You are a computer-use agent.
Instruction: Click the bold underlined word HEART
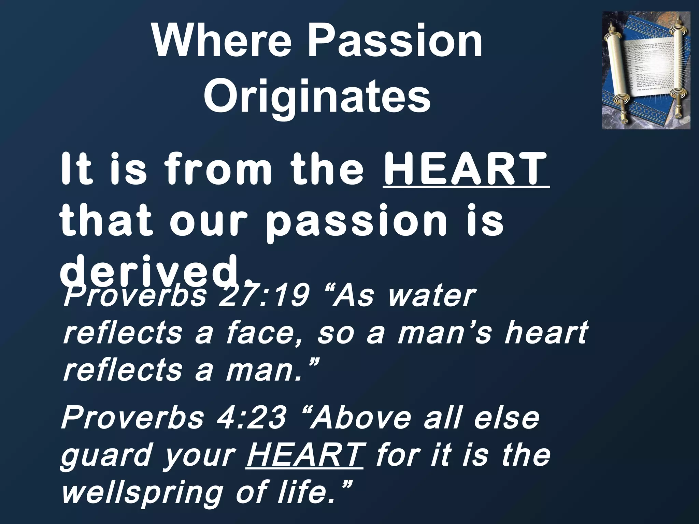466,170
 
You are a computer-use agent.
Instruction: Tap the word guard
106,456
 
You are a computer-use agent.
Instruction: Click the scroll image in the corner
646,70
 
